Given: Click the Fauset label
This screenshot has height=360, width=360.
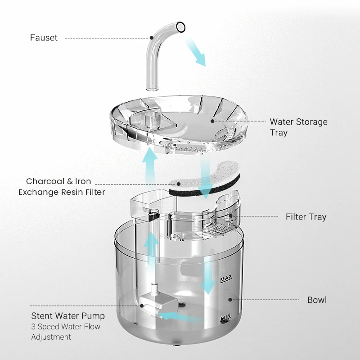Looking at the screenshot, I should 44,38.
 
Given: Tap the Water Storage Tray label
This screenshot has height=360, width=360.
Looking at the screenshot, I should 298,127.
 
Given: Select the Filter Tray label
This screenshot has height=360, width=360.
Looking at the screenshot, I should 306,217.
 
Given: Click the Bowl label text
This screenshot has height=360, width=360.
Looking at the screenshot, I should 317,300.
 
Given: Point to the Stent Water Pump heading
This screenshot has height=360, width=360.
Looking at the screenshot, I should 68,316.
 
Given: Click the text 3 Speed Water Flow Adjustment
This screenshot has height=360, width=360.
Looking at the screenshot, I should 66,332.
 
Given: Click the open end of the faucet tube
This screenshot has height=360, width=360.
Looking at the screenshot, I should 181,27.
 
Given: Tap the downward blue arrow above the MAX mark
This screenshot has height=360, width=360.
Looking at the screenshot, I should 208,274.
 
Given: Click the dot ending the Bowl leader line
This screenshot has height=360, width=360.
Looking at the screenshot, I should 230,299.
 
